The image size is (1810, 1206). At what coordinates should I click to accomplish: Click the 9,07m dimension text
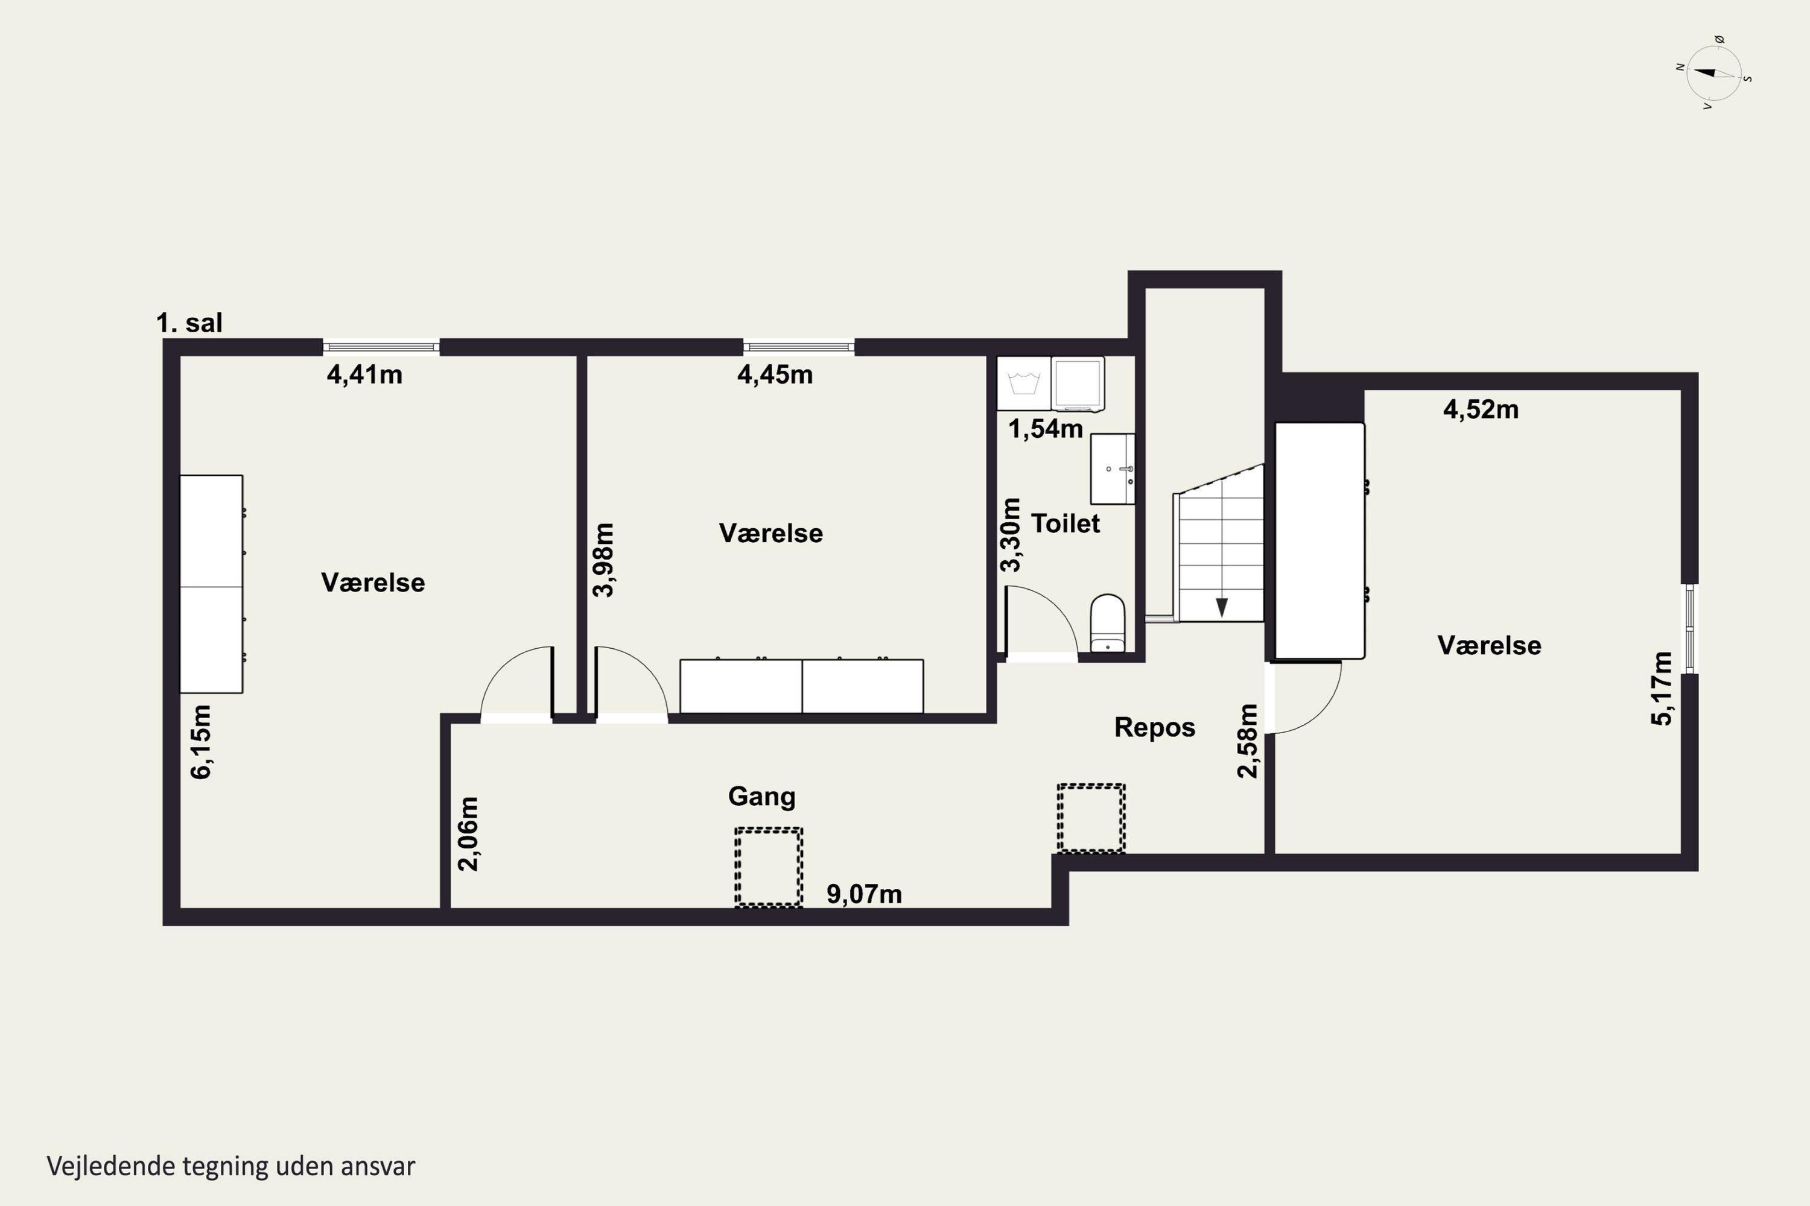click(x=864, y=894)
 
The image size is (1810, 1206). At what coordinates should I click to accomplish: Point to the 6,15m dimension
click(x=201, y=742)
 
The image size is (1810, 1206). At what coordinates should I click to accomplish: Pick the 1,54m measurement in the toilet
click(x=1045, y=428)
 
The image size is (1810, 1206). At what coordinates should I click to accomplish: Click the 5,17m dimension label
click(x=1662, y=689)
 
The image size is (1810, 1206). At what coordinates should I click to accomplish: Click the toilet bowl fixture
click(x=1107, y=623)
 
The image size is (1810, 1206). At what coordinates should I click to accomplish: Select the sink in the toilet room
click(x=1113, y=469)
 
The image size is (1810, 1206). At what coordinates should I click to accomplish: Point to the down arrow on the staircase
click(x=1221, y=607)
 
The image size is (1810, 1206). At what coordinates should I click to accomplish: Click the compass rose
click(x=1714, y=74)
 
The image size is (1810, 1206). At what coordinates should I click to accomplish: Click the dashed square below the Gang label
click(x=769, y=868)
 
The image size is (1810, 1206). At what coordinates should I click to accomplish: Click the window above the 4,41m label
click(x=381, y=347)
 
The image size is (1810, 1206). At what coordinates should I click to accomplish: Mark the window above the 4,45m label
click(x=799, y=347)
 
